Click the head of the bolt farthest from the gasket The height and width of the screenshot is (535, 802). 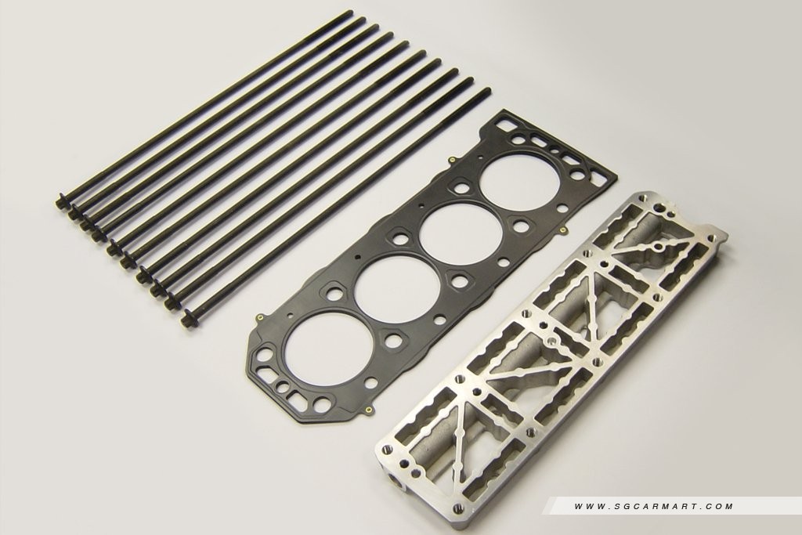coord(60,201)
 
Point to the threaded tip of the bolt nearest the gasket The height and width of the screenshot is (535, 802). coord(486,92)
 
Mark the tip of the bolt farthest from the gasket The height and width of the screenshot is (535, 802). coord(350,12)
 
